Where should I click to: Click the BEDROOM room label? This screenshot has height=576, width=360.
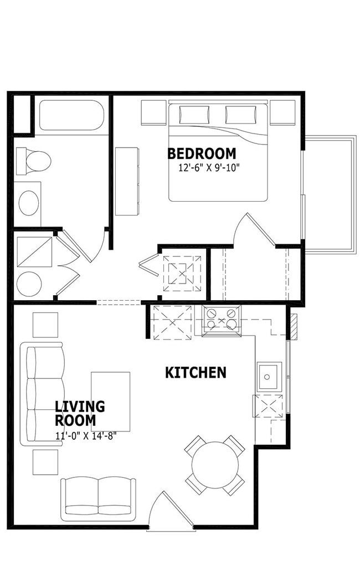click(x=201, y=153)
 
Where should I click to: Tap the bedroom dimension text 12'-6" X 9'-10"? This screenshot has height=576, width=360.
click(x=209, y=168)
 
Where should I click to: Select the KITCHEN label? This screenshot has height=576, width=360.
click(x=196, y=373)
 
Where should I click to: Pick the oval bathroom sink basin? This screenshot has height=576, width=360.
click(x=29, y=203)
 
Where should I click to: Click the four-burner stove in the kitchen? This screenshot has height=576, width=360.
click(x=221, y=319)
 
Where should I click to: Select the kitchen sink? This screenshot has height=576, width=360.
click(x=269, y=377)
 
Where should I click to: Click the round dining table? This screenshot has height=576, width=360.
click(x=215, y=465)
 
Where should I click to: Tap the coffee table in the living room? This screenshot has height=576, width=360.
click(x=111, y=402)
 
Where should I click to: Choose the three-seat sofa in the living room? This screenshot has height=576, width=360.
click(x=42, y=394)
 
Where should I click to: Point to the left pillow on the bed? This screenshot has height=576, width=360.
click(x=194, y=115)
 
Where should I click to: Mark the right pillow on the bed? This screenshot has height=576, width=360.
click(x=240, y=115)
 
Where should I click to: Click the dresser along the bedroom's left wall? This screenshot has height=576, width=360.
click(x=127, y=181)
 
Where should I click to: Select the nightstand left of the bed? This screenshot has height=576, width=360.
click(x=153, y=112)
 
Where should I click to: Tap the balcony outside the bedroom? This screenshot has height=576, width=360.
click(x=329, y=194)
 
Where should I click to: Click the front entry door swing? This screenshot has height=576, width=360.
click(x=171, y=511)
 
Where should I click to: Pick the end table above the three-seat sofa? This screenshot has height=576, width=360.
click(x=45, y=325)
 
